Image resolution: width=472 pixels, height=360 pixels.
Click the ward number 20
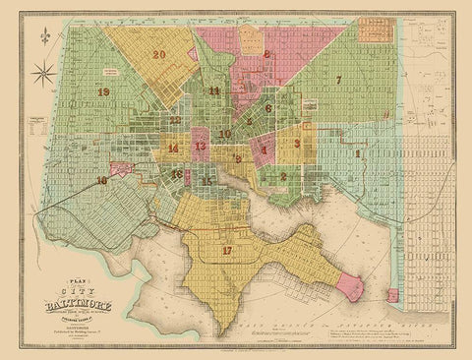tap(159, 56)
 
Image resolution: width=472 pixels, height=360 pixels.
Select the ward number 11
tap(214, 90)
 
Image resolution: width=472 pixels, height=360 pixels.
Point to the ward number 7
tap(338, 79)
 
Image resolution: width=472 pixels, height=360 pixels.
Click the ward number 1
tap(359, 153)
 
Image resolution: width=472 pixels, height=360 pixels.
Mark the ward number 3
tap(295, 144)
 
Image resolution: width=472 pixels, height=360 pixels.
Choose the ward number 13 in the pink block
tap(200, 147)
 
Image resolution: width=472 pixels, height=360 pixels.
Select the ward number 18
tap(102, 181)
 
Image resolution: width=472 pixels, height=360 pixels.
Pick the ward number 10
tap(225, 134)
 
